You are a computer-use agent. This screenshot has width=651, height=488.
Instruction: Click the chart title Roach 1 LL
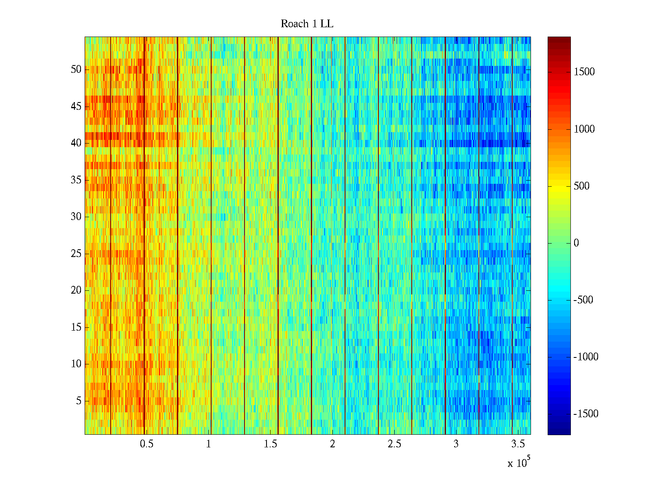(307, 24)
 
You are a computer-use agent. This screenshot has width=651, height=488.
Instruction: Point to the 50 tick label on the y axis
(76, 70)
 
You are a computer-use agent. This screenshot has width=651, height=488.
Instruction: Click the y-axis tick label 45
(76, 107)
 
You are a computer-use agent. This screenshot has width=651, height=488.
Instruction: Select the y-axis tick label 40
(76, 143)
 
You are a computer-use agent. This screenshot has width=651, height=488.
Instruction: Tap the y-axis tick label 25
(76, 254)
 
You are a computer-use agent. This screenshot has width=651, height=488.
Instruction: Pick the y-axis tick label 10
(76, 364)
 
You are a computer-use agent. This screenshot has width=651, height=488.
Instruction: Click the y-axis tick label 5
(79, 401)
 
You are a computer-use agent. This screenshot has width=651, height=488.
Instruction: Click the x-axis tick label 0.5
(146, 444)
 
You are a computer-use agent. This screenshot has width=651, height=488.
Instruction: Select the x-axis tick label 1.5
(270, 444)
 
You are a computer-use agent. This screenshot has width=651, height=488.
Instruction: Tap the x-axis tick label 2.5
(394, 444)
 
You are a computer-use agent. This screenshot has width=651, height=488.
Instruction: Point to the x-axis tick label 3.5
(518, 444)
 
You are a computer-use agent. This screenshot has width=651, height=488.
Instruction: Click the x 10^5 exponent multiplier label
(519, 462)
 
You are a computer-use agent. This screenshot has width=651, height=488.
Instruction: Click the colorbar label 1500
(584, 72)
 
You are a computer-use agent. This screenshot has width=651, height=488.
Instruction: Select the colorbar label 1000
(584, 129)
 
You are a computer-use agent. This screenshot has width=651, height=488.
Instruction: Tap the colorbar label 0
(576, 243)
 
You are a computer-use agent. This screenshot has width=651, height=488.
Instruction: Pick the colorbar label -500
(583, 300)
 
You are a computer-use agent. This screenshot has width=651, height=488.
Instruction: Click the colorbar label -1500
(586, 414)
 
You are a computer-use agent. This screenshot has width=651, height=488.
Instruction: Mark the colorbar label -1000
(586, 357)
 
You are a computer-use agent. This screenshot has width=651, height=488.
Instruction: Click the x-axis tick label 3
(456, 444)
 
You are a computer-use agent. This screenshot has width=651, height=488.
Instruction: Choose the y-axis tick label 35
(76, 180)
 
